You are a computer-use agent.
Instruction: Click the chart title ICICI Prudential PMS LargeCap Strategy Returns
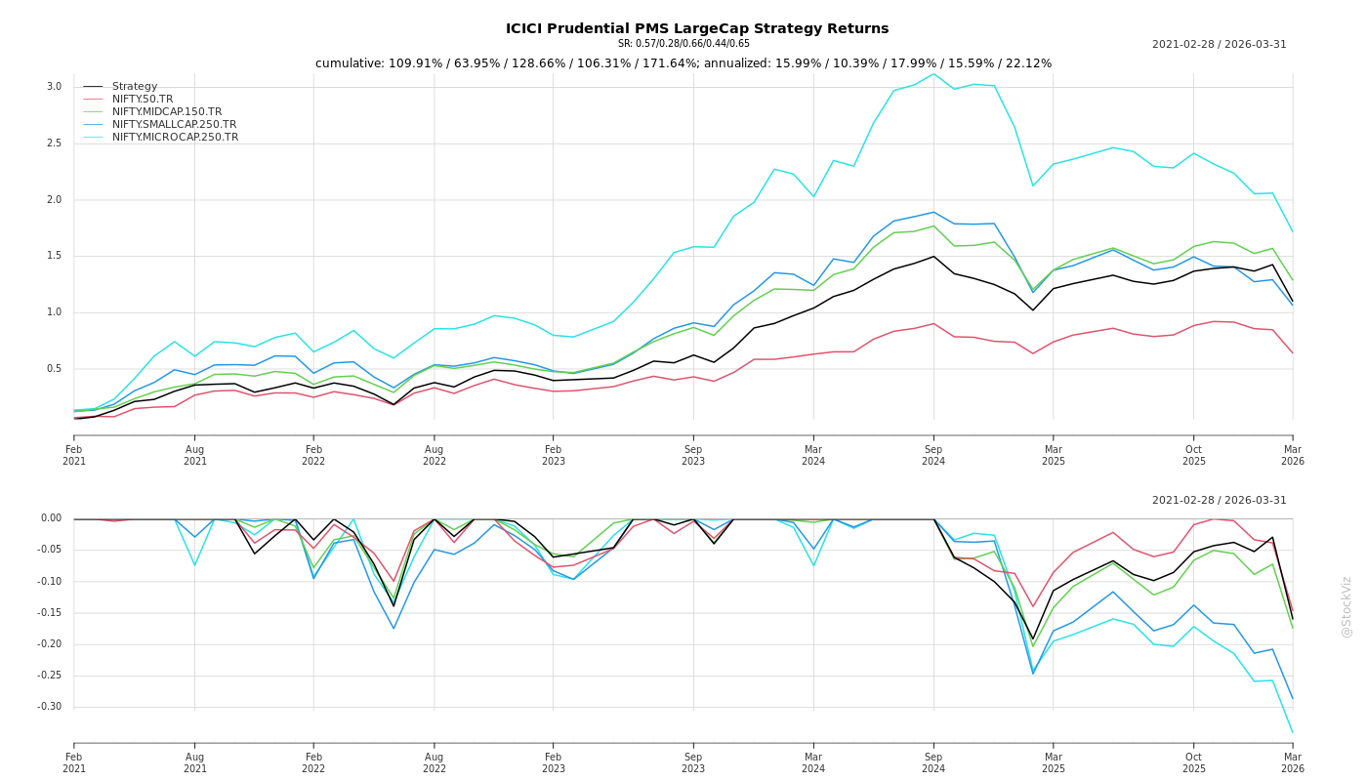click(x=697, y=28)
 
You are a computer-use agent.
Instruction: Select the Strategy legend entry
click(x=135, y=87)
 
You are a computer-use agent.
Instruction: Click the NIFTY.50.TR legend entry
click(x=143, y=100)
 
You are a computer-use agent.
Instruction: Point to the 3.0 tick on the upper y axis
click(x=54, y=87)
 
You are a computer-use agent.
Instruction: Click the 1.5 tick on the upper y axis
click(x=54, y=256)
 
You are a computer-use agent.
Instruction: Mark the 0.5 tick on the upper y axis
click(x=54, y=369)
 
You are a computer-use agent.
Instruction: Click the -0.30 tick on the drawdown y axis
click(x=49, y=707)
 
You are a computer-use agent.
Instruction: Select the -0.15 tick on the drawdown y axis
click(x=49, y=613)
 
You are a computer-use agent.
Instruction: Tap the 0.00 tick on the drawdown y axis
click(x=51, y=518)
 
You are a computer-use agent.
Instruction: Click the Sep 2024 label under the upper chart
click(x=933, y=455)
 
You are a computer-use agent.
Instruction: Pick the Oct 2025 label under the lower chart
click(x=1194, y=762)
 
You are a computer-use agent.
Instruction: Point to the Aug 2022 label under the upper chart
click(x=435, y=455)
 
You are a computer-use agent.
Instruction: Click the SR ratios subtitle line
click(x=683, y=44)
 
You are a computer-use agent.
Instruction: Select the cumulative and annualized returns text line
click(x=683, y=63)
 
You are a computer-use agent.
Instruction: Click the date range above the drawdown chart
click(x=1219, y=501)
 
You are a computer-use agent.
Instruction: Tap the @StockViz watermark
click(x=1346, y=606)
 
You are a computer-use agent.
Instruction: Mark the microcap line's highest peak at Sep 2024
click(x=933, y=74)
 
